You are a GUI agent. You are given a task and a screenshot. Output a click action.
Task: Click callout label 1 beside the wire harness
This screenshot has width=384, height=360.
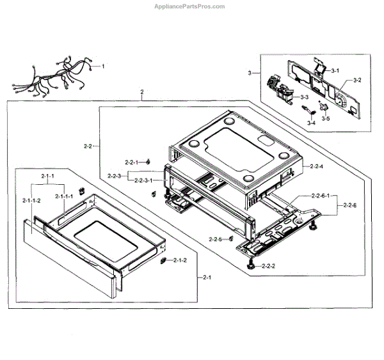point(103,67)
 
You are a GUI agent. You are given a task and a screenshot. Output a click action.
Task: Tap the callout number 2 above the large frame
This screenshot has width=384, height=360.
point(141,93)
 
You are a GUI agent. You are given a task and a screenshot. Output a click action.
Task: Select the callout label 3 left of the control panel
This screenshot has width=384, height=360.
point(250,74)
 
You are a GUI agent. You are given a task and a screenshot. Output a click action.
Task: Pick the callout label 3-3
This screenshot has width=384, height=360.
point(305,97)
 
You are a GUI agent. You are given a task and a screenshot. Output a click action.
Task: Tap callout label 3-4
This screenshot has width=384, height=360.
point(312,122)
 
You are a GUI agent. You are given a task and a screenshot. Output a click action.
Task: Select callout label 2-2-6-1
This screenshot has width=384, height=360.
point(321,196)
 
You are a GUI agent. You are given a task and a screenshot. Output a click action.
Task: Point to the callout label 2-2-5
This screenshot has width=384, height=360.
point(215,239)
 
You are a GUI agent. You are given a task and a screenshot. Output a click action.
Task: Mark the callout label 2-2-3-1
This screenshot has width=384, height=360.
point(142,181)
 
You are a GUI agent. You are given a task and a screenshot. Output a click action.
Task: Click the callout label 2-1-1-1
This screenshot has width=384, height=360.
point(63,196)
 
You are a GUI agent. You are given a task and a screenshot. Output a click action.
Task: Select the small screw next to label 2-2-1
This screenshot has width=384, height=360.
point(148,161)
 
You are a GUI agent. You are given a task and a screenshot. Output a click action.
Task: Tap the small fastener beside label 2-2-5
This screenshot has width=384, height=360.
point(229,239)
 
